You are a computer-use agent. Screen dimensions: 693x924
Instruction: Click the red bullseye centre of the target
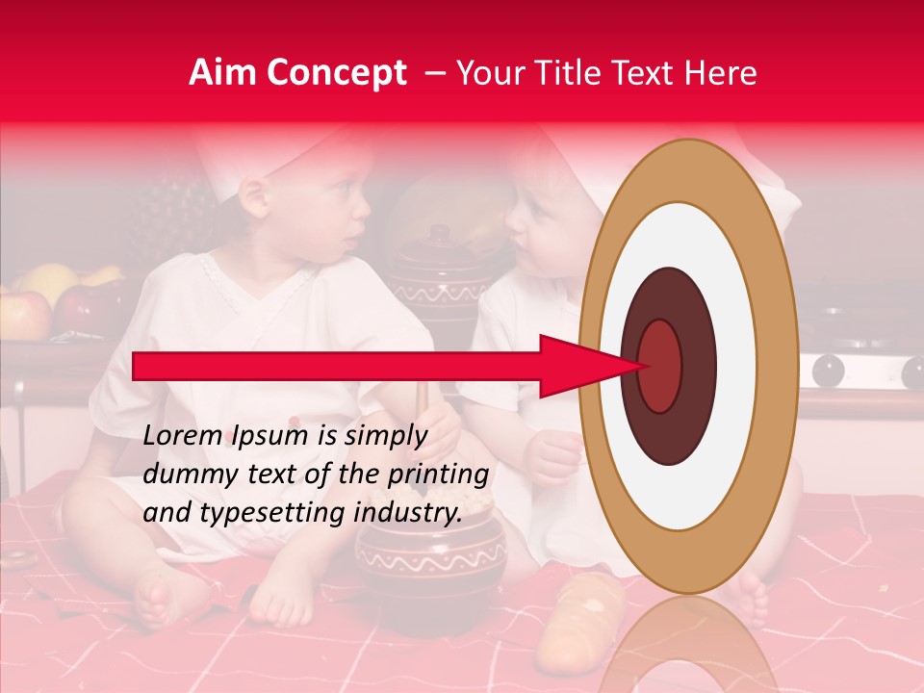tap(660, 367)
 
